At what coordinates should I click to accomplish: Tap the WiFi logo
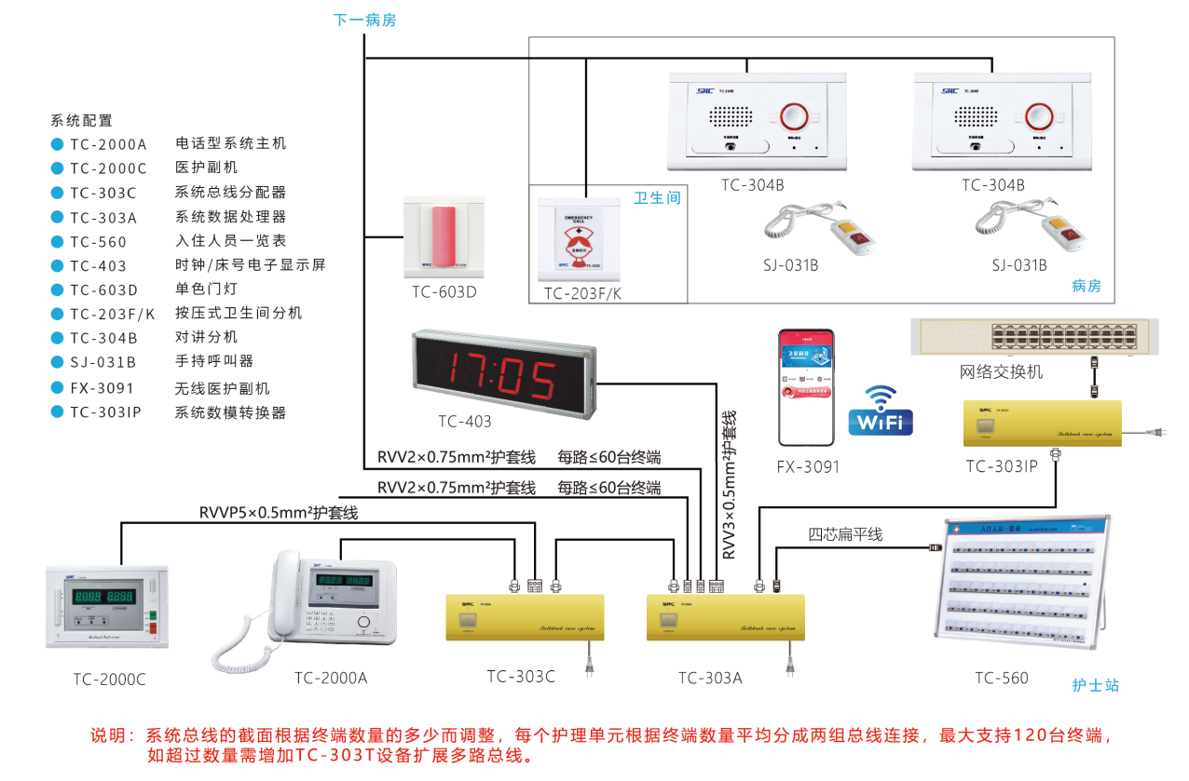pos(880,411)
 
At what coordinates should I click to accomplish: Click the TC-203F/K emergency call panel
pos(580,240)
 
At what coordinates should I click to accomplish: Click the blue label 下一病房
pos(364,20)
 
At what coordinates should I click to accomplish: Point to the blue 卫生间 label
pos(657,198)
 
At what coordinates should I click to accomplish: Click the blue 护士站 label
pos(1095,686)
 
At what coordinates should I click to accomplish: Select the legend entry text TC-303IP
pos(105,412)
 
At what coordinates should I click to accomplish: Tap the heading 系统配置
pos(81,120)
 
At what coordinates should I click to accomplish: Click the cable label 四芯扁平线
pos(844,534)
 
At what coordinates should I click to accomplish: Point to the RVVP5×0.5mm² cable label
pos(279,513)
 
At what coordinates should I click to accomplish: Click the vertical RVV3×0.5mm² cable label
pos(729,484)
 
